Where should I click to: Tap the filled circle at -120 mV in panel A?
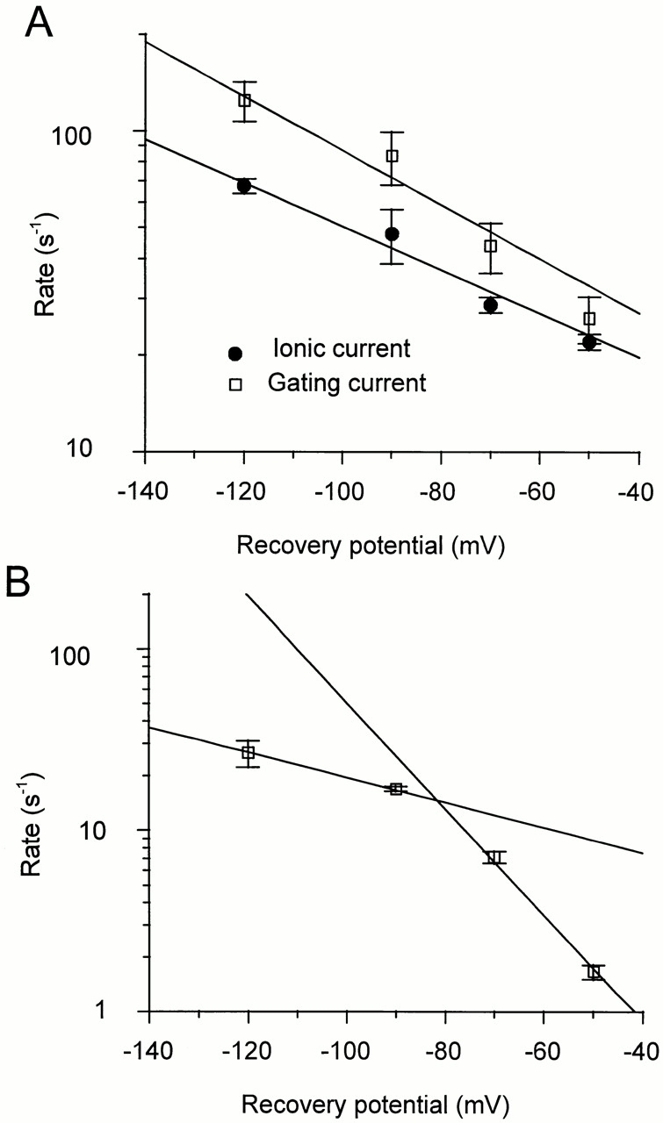point(244,186)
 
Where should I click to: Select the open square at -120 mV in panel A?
point(245,100)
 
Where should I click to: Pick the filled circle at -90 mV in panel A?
point(393,234)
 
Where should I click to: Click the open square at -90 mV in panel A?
point(393,156)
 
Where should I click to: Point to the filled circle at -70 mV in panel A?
point(491,305)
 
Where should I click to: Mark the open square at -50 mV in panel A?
point(590,318)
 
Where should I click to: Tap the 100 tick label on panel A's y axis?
point(110,131)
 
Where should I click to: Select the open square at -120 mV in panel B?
point(249,753)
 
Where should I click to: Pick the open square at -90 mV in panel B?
point(396,789)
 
